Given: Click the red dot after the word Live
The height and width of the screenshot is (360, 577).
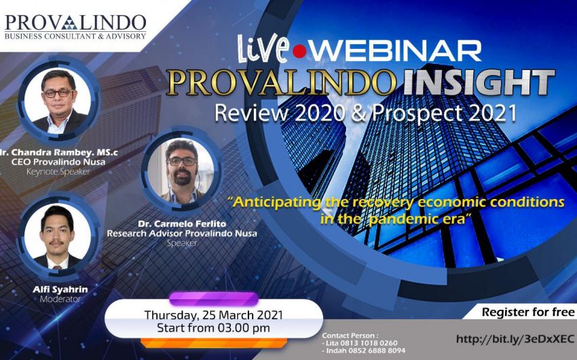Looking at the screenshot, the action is pos(299,51).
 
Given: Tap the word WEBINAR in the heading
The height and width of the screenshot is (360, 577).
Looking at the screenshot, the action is pos(396,50).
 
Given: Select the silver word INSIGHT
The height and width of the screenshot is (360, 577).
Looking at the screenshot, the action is pos(479,82).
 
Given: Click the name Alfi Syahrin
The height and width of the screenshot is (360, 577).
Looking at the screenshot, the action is pos(60,289).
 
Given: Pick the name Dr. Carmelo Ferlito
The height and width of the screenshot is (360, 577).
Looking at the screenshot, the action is pos(182,223).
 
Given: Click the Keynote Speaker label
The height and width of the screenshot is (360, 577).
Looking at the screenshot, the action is pos(58,172).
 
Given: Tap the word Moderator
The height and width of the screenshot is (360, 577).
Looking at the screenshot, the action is pos(60,299).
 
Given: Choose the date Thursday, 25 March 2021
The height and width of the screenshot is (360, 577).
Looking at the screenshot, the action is pos(213,315).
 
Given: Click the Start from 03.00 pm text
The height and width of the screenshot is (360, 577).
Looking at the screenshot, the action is pos(213,328).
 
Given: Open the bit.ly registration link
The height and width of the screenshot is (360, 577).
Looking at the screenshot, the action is pos(515,339).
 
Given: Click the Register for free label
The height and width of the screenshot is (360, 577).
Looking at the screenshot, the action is pos(528,312).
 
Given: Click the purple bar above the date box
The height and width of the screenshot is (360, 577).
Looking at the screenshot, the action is pos(214,299).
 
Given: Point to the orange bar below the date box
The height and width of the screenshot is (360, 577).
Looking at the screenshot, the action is pos(213,343).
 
